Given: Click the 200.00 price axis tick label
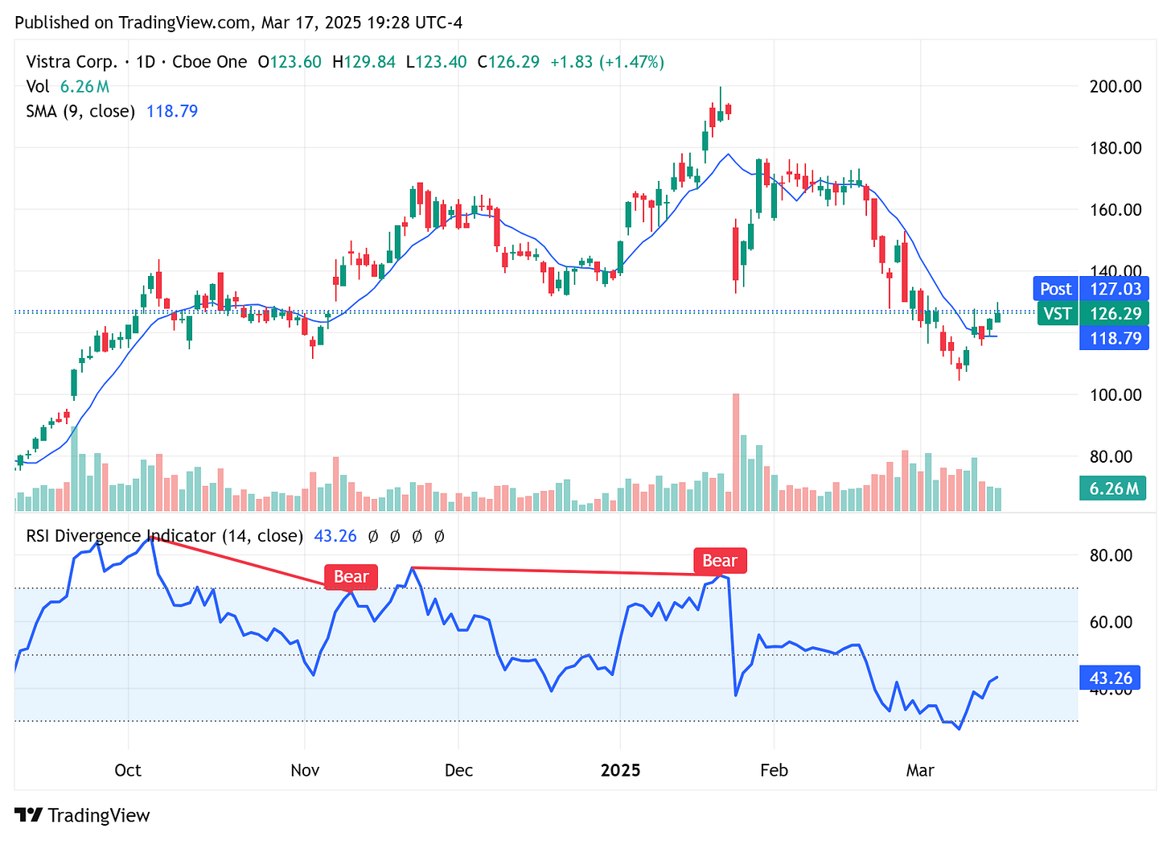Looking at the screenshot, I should click(x=1115, y=86).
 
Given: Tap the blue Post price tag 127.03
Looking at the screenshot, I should click(x=1091, y=289).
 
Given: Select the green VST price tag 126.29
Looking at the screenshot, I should click(x=1092, y=313).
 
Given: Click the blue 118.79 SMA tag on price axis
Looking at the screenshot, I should click(x=1114, y=338).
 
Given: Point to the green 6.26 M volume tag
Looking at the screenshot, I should click(x=1112, y=489).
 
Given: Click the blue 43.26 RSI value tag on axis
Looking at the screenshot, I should click(x=1110, y=678).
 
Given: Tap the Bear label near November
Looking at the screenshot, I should click(x=351, y=576).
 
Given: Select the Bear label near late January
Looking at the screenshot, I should click(x=720, y=561).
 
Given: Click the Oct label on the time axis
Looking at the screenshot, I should click(x=128, y=770).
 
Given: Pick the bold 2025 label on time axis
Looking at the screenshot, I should click(x=620, y=770).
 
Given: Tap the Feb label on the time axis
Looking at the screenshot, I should click(x=774, y=770).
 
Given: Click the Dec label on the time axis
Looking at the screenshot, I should click(x=458, y=770).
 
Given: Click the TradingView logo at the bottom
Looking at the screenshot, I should click(x=83, y=815).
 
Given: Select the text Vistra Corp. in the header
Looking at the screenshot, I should click(x=72, y=62).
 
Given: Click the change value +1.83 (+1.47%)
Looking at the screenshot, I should click(x=607, y=62).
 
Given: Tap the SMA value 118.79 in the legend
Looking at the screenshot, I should click(x=172, y=111).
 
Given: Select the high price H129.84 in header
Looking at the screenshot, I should click(x=364, y=62).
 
